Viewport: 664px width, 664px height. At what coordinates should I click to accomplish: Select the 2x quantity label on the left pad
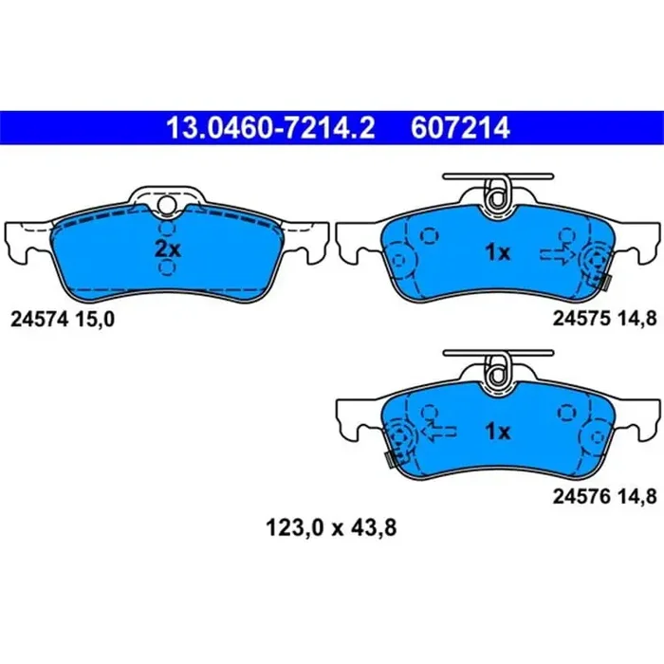[167, 251]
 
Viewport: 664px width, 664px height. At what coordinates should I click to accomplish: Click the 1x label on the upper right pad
[497, 252]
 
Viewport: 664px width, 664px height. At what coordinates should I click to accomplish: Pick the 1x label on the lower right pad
[497, 432]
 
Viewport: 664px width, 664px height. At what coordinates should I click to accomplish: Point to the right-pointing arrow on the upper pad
[556, 253]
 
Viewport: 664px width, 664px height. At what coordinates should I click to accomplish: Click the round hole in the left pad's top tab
[167, 203]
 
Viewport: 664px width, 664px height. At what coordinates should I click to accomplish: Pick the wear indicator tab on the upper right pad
[603, 281]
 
